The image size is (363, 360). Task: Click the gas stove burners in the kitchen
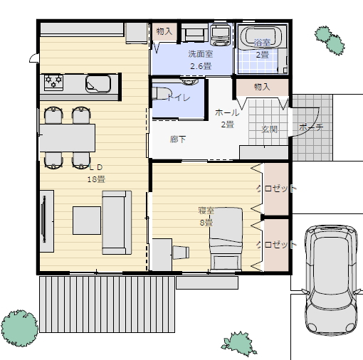click(x=54, y=83)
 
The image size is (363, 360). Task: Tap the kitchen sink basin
click(x=98, y=84)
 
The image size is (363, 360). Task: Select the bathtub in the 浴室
click(x=261, y=38)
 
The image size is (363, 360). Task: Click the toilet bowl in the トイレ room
click(x=162, y=93)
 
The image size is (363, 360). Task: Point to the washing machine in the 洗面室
click(x=221, y=35)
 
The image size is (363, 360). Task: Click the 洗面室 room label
click(x=201, y=54)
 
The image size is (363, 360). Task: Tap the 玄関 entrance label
click(x=269, y=129)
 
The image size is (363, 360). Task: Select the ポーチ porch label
click(x=311, y=127)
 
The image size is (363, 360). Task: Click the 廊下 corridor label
click(x=178, y=139)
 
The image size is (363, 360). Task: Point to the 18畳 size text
click(x=96, y=179)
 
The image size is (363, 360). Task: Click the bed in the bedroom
click(x=226, y=239)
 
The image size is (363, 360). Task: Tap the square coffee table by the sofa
click(x=87, y=221)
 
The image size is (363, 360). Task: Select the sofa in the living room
click(x=117, y=223)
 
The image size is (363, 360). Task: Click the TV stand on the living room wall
click(x=47, y=221)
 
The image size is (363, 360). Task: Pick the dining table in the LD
click(x=68, y=138)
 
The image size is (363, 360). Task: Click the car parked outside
click(x=332, y=279)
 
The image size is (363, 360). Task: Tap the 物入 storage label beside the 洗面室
click(x=164, y=31)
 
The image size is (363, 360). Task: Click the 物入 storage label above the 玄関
click(x=262, y=87)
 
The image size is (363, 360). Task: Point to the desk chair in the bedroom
click(x=181, y=253)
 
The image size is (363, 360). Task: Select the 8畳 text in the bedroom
click(x=206, y=223)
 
